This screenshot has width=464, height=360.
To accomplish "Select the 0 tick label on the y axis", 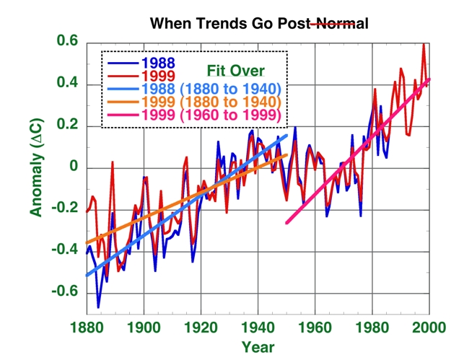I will [x=72, y=168].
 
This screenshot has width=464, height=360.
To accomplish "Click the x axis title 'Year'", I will [x=258, y=346].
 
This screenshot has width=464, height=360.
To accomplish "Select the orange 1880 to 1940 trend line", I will [x=180, y=201].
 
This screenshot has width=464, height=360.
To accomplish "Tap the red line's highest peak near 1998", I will [x=424, y=45].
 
